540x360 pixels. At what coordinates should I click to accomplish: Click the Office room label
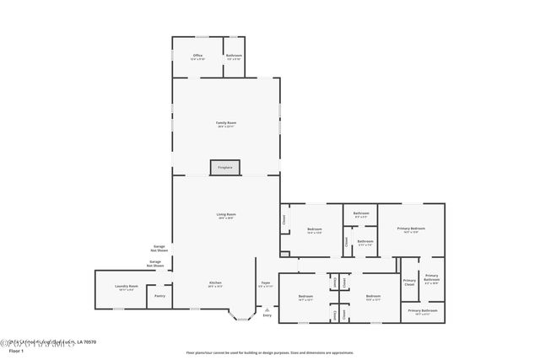tap(197, 56)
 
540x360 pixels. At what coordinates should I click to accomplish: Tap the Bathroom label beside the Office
tap(233, 56)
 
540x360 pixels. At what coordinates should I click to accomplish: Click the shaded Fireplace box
tap(225, 168)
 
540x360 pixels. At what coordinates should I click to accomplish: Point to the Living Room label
tap(226, 216)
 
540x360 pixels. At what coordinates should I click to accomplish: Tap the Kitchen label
tap(215, 283)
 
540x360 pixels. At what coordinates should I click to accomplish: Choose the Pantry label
tap(159, 296)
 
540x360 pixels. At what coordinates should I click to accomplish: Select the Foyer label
tap(265, 284)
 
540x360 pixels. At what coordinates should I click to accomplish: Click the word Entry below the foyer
tap(267, 315)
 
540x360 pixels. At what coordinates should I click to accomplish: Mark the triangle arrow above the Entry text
tap(267, 309)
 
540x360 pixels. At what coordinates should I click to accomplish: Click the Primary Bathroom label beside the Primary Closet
tap(431, 278)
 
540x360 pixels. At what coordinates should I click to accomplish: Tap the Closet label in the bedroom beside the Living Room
tap(284, 221)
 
